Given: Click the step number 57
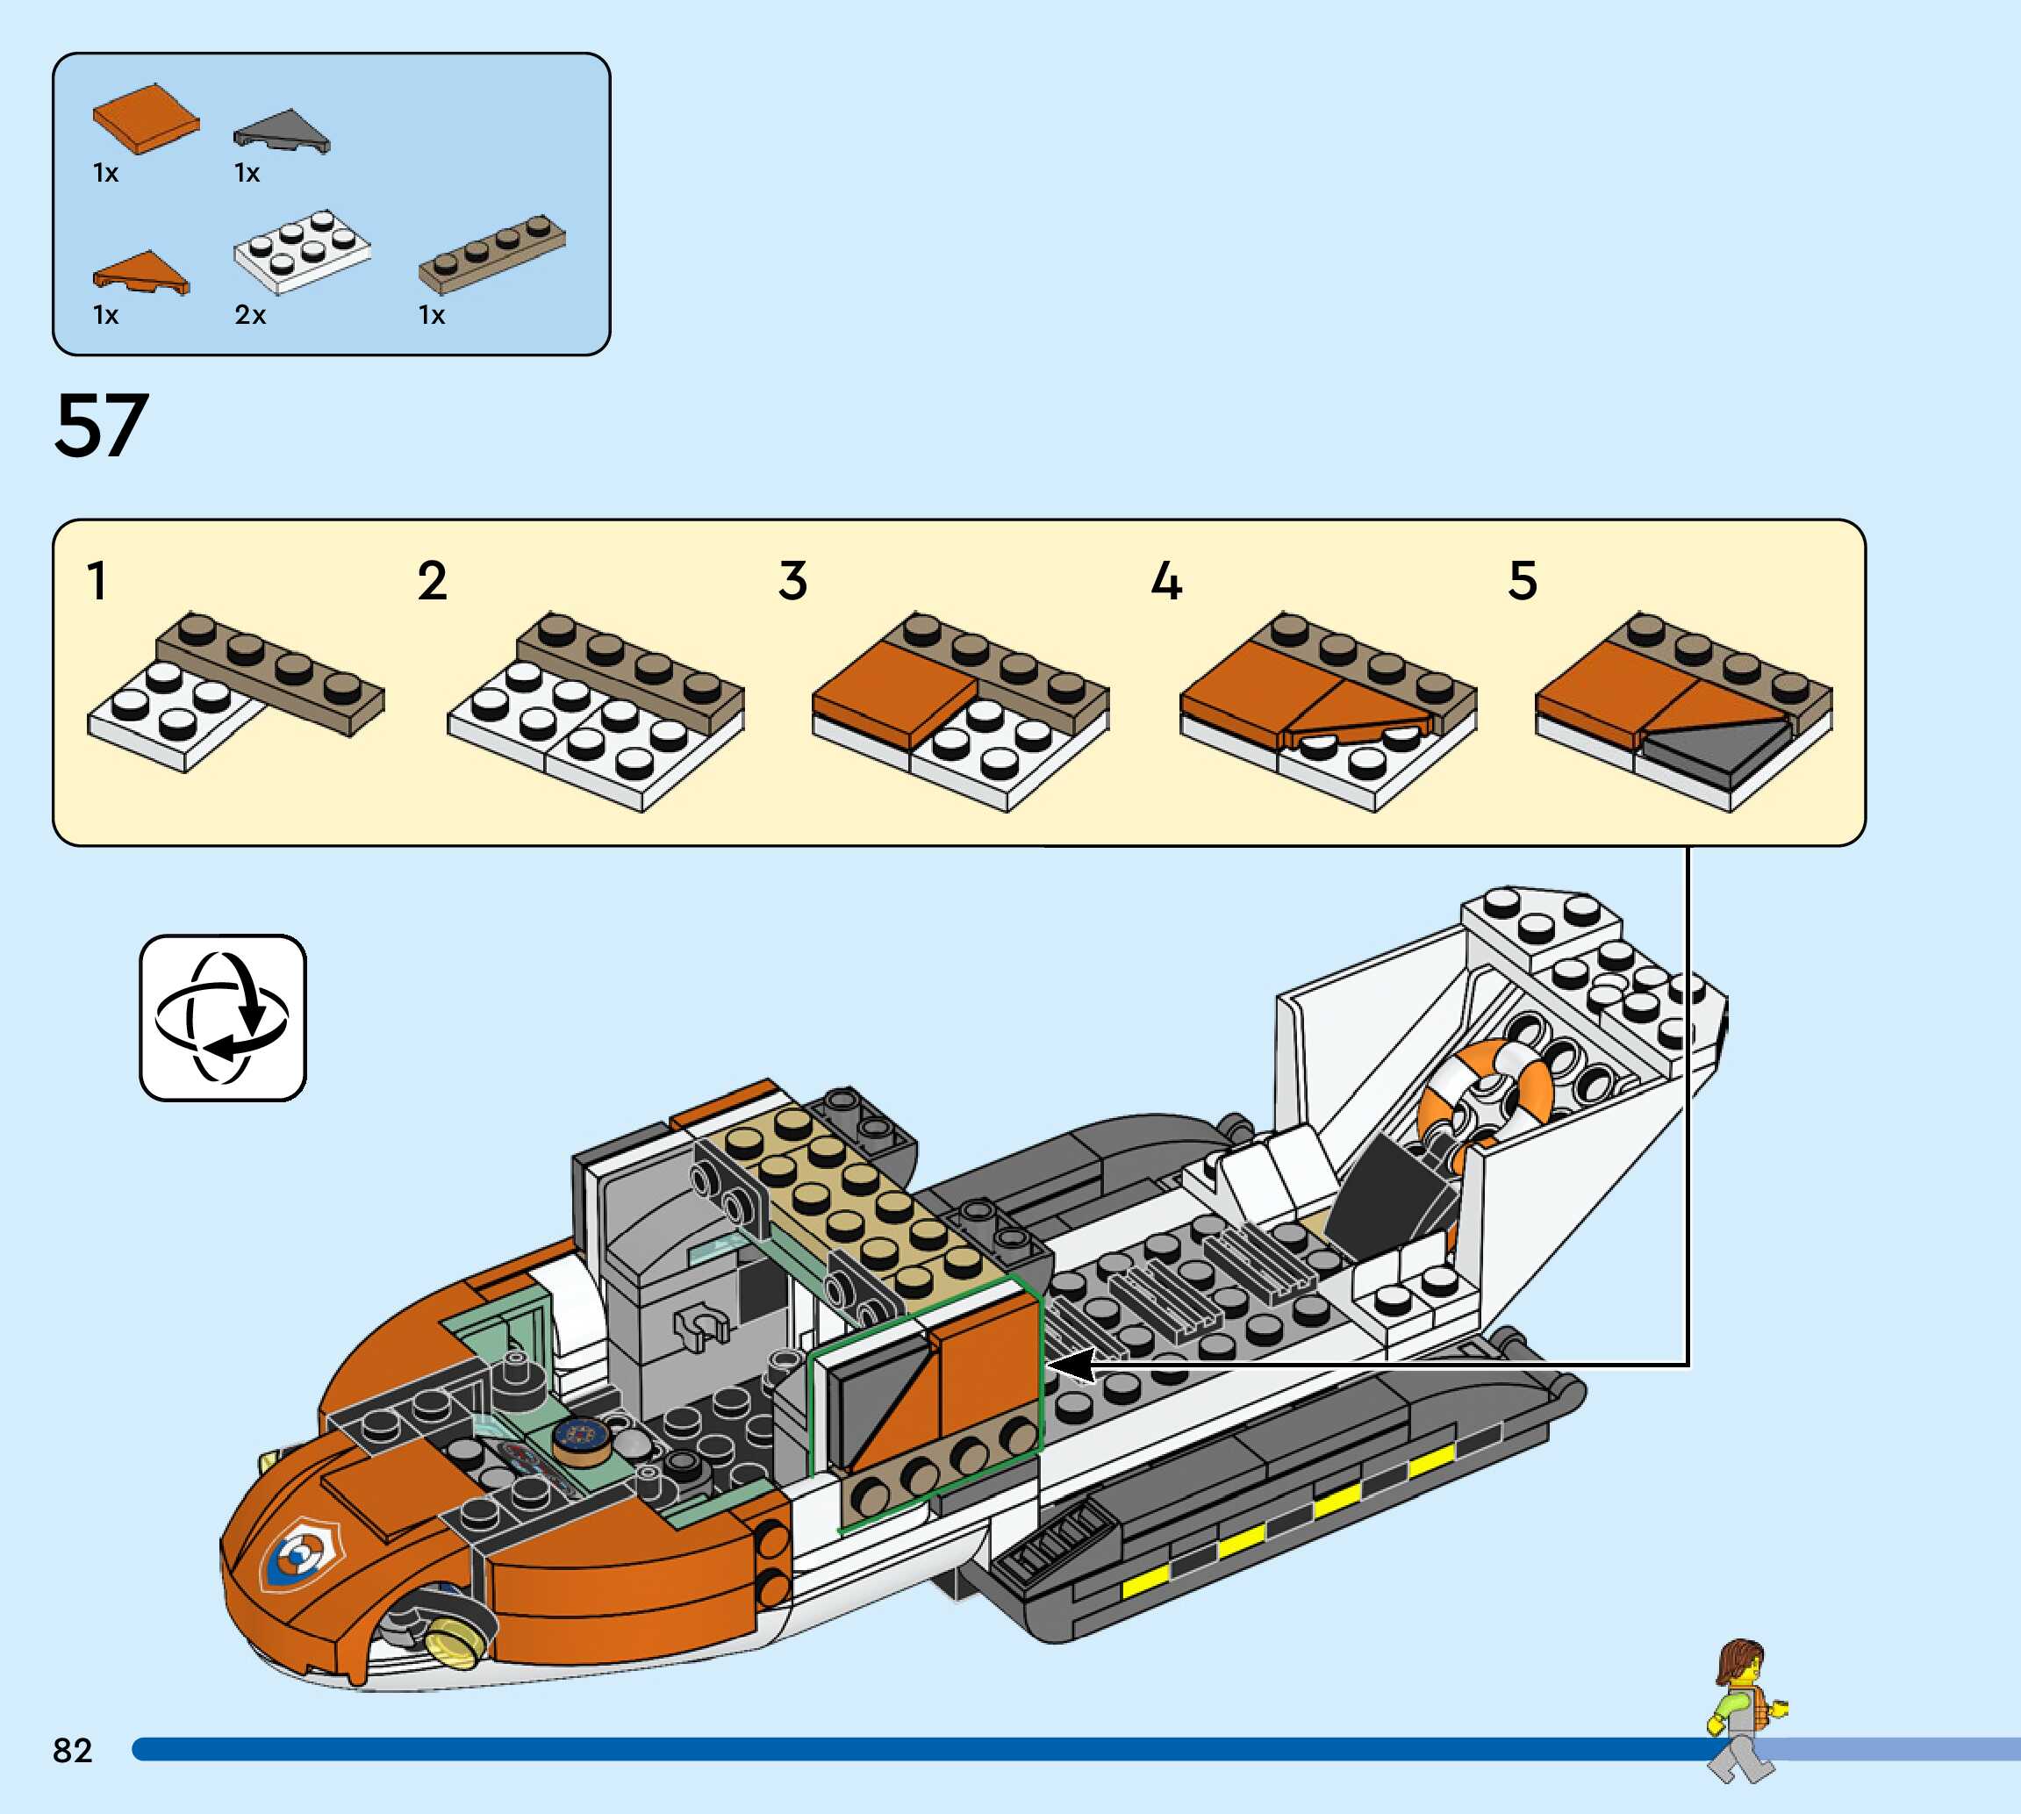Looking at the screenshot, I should click(x=102, y=427).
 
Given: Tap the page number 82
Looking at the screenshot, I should click(x=72, y=1750).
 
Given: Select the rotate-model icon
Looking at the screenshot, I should click(x=222, y=1018).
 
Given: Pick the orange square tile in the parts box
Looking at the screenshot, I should click(x=146, y=118).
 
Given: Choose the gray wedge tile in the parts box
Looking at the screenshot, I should click(x=282, y=131).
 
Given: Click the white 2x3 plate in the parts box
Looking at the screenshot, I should click(x=302, y=250).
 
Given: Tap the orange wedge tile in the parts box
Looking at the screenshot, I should click(x=141, y=272).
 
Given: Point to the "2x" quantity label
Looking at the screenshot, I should click(x=250, y=316).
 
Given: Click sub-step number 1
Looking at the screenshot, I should click(x=97, y=581).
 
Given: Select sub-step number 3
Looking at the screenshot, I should click(x=792, y=581).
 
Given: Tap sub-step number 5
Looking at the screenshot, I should click(x=1523, y=581).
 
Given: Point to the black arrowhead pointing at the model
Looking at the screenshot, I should click(x=1071, y=1366).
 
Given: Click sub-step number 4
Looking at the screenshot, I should click(x=1166, y=581).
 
